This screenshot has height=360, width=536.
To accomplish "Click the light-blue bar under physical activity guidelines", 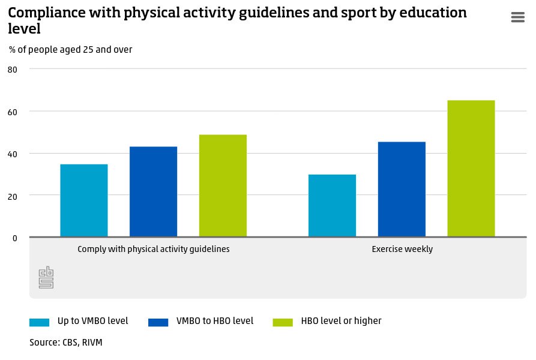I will pyautogui.click(x=84, y=200).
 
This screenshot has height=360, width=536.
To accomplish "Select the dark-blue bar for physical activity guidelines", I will pyautogui.click(x=153, y=191).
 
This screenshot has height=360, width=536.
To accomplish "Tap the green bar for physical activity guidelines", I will pyautogui.click(x=223, y=185).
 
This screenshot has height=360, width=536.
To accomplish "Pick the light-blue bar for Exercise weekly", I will pyautogui.click(x=332, y=205).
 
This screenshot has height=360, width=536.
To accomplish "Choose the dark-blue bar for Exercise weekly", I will pyautogui.click(x=402, y=189).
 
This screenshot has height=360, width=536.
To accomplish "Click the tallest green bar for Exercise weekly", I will pyautogui.click(x=471, y=169).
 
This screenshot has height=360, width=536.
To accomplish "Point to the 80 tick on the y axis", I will pyautogui.click(x=13, y=70).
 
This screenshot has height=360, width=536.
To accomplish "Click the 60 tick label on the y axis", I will pyautogui.click(x=13, y=112).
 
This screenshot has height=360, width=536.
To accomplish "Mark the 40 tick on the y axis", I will pyautogui.click(x=13, y=154).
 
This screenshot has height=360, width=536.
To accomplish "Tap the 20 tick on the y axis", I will pyautogui.click(x=13, y=196).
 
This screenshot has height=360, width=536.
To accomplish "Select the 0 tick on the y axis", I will pyautogui.click(x=15, y=238).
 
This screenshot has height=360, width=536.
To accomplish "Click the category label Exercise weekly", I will pyautogui.click(x=402, y=249).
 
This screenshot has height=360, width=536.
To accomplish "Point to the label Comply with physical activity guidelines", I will pyautogui.click(x=154, y=249).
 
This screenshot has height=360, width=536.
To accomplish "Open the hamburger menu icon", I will pyautogui.click(x=517, y=17).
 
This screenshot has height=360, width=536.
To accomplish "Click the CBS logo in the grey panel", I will pyautogui.click(x=46, y=277).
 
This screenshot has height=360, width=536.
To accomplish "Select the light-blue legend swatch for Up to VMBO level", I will pyautogui.click(x=39, y=322).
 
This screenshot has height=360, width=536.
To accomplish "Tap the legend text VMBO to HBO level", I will pyautogui.click(x=215, y=321).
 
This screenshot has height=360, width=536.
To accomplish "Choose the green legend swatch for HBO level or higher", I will pyautogui.click(x=283, y=322).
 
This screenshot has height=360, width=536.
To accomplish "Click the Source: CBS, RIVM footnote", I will pyautogui.click(x=62, y=343).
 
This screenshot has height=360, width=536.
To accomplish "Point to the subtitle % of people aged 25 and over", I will pyautogui.click(x=71, y=50).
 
